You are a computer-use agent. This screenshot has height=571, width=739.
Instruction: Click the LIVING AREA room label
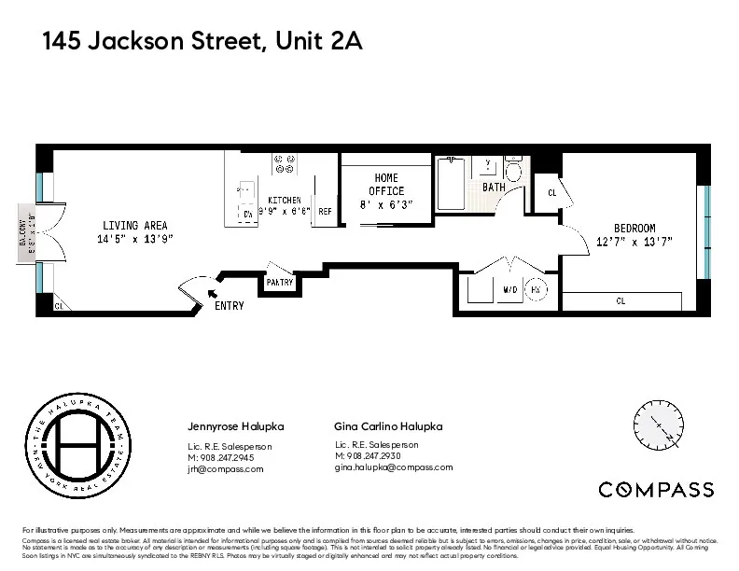[x=137, y=225]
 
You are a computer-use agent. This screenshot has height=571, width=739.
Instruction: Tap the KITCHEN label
[x=284, y=200]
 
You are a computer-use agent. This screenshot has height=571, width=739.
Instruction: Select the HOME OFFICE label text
[x=386, y=185]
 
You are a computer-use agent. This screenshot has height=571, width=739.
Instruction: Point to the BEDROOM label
[x=634, y=229]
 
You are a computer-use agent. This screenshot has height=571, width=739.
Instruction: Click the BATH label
[x=494, y=188]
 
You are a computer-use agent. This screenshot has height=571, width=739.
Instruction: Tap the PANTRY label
[x=279, y=283]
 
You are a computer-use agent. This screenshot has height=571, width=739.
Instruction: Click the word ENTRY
[x=229, y=306]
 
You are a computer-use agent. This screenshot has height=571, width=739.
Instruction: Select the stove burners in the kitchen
[x=284, y=164]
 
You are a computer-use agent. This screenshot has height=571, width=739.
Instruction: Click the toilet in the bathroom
[x=513, y=170]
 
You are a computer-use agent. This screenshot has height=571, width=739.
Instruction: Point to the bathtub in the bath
[x=451, y=184]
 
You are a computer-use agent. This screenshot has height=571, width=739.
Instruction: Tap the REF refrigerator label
[x=325, y=212]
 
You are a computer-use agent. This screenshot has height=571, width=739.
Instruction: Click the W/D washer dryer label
[x=509, y=290]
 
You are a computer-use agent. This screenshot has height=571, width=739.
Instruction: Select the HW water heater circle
[x=537, y=290]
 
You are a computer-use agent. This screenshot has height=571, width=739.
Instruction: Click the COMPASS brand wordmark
[x=656, y=490]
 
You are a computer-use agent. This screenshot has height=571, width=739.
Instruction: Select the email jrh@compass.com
[x=226, y=469]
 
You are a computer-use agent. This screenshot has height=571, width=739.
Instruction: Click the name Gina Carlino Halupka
[x=388, y=426]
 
